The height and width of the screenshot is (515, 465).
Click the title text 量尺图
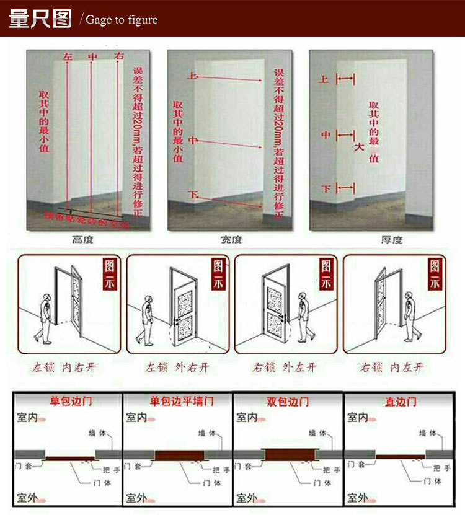point(40,19)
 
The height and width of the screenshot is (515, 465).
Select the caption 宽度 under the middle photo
point(231,240)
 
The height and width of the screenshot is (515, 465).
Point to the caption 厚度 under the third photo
point(391,240)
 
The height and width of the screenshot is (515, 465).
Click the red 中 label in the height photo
point(92,57)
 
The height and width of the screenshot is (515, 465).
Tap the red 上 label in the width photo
point(192,77)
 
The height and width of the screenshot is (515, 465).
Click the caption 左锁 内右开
point(64,368)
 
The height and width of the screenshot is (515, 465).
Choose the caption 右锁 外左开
point(285,368)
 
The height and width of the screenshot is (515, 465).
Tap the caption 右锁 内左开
point(392,368)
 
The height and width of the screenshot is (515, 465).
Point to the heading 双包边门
point(288,402)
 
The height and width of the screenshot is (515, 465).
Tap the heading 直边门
point(399,402)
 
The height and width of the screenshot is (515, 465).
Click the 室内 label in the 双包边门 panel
point(247,418)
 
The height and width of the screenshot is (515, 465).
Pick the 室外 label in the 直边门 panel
point(358,497)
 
